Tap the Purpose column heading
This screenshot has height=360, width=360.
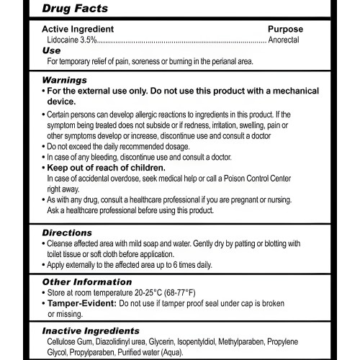pyautogui.click(x=284, y=30)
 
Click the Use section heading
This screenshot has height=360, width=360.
pyautogui.click(x=51, y=51)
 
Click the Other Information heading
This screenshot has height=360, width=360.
pyautogui.click(x=87, y=282)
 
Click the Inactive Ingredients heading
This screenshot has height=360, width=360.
pyautogui.click(x=89, y=330)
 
